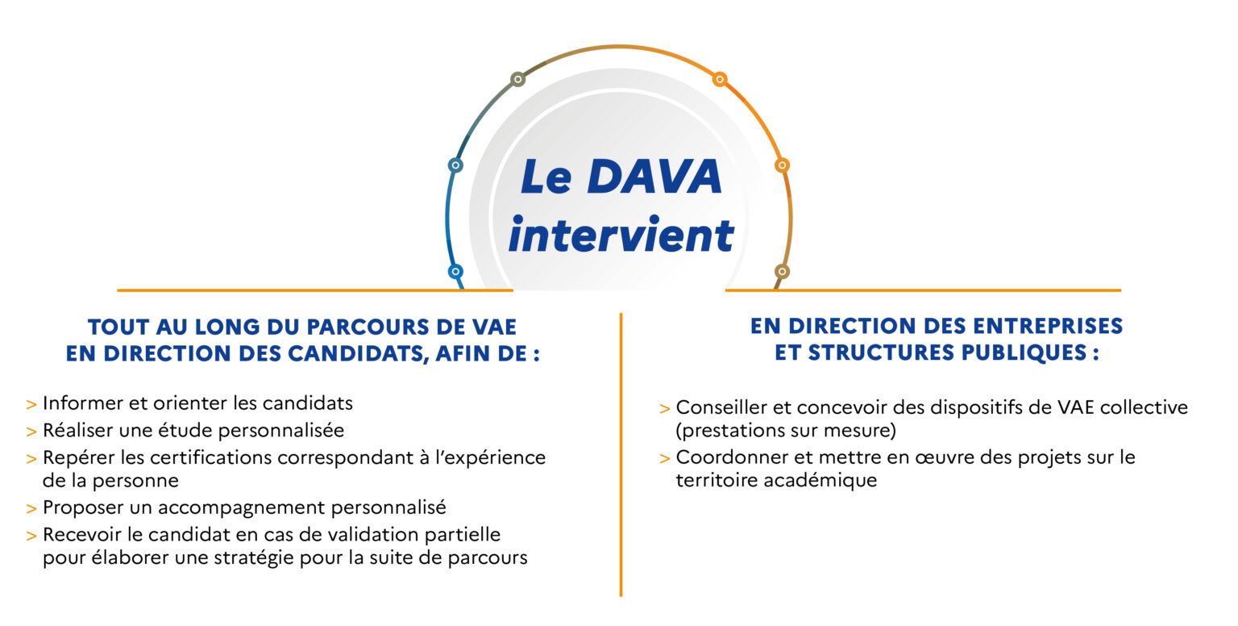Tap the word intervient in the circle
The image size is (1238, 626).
[x=621, y=235]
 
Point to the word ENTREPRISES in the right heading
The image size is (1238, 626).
[x=1048, y=326]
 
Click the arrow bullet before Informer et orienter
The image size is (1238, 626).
[x=31, y=404]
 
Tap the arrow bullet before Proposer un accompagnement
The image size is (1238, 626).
[x=31, y=508]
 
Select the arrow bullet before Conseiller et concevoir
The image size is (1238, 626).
[x=664, y=409]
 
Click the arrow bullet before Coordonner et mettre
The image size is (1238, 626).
[x=664, y=458]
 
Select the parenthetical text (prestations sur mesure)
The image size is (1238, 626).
[x=785, y=430]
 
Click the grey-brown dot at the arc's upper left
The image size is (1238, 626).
[x=518, y=79]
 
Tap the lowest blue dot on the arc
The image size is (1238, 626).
[x=455, y=272]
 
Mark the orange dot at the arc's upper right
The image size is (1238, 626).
[x=720, y=79]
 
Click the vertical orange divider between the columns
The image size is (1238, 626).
[x=621, y=454]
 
